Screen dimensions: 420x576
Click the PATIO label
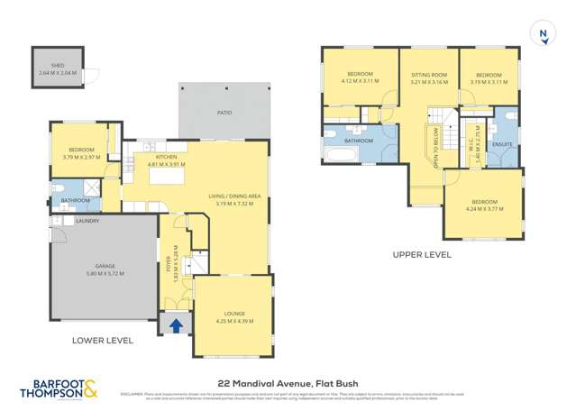(x=224, y=113)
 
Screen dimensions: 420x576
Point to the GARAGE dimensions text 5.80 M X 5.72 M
(x=104, y=272)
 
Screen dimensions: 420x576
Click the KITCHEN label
(x=165, y=159)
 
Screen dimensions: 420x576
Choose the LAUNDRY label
(x=87, y=221)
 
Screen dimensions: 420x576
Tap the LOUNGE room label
(x=231, y=314)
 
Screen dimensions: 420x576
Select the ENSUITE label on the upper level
(x=503, y=143)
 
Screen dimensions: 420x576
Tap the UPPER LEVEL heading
(x=421, y=255)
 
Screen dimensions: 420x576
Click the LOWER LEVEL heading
(x=102, y=341)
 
